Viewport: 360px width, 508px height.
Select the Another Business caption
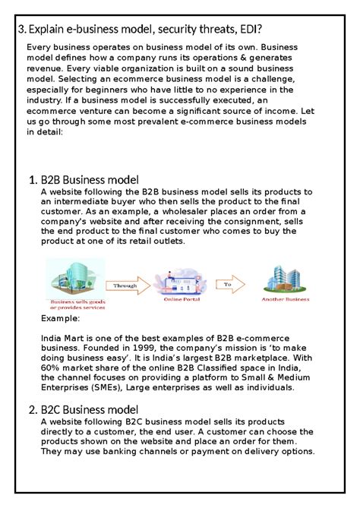point(285,300)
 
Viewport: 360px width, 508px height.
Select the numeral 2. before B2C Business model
point(33,410)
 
